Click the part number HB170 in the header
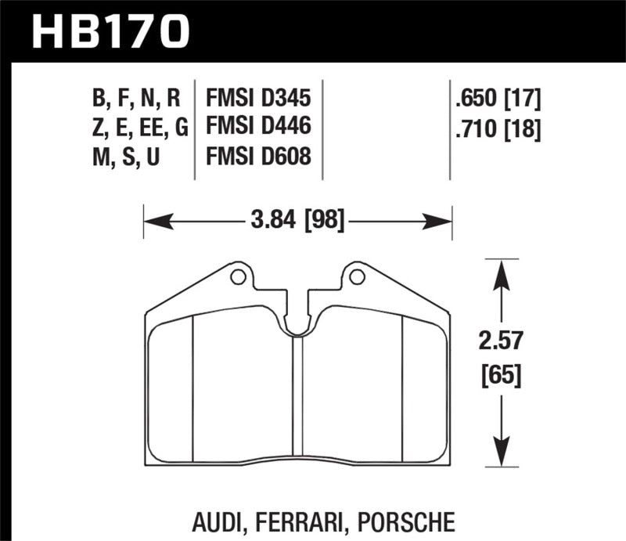110,32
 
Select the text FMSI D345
258,99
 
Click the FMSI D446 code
258,128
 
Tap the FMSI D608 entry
258,157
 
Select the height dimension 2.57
501,342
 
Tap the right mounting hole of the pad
357,276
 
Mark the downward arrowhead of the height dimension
501,457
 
